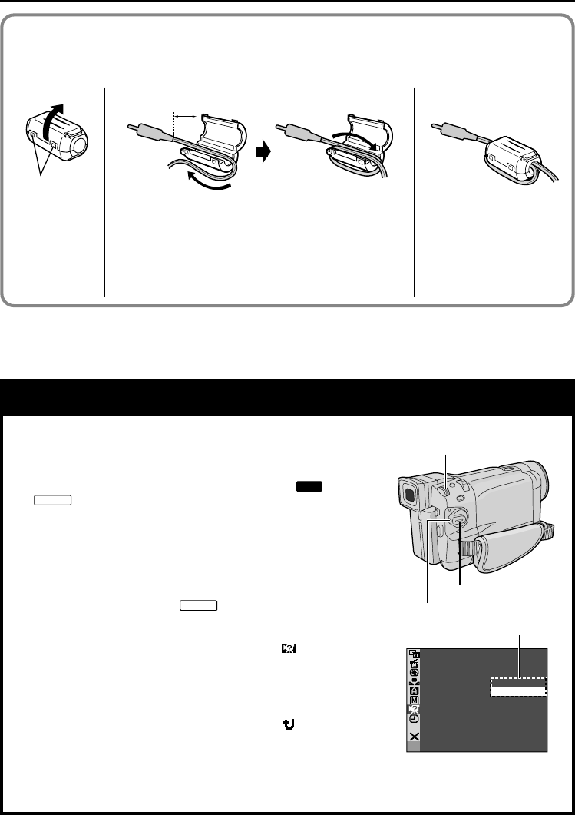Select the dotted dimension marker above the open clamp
tap(186, 116)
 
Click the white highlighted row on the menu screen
tap(518, 691)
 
